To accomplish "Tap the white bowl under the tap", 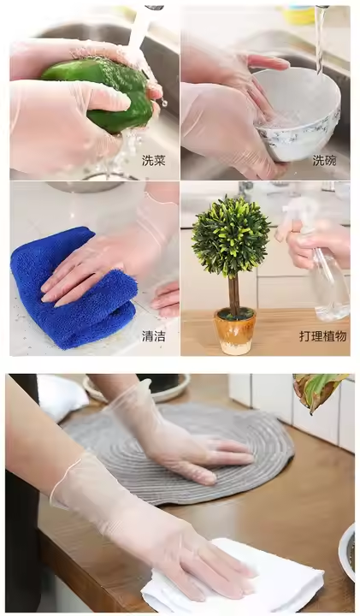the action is [x=298, y=114].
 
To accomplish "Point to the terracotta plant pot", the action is [x=235, y=331].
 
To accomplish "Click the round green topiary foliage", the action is [x=231, y=236].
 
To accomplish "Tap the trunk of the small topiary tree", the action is [x=234, y=294].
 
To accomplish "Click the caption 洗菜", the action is [x=154, y=160].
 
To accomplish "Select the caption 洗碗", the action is [x=325, y=160].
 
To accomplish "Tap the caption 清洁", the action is [x=154, y=336].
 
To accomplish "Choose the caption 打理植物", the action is [x=322, y=336].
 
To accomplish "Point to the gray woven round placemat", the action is [x=180, y=452].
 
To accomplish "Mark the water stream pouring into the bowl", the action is [x=321, y=39].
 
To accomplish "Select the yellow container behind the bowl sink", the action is [x=299, y=15].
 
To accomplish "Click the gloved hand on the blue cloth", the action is [x=102, y=271].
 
